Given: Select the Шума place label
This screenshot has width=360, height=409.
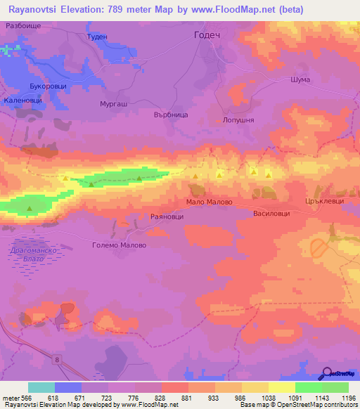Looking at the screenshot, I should click(300, 80).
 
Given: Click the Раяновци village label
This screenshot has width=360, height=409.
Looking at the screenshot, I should click(167, 218).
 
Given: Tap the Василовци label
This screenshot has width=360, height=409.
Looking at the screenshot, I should click(271, 212).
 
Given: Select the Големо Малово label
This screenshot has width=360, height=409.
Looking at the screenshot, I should click(120, 245).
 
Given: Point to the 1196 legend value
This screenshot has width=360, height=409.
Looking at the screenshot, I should click(347, 398).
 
